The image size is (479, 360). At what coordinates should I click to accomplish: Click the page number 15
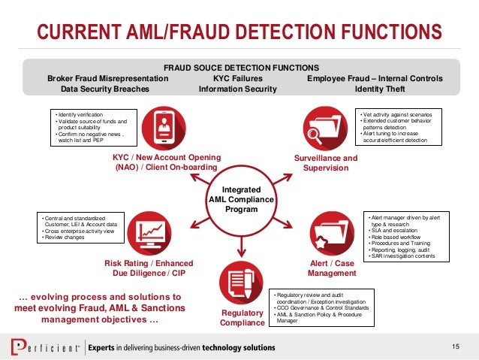(456, 346)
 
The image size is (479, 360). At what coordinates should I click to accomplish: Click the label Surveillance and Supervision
(325, 163)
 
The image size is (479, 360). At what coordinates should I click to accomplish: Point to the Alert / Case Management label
(332, 268)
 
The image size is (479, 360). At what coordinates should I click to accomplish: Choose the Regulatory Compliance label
(242, 317)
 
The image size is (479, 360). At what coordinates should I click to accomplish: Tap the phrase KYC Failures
(237, 78)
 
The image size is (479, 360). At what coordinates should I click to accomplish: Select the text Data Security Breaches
(104, 89)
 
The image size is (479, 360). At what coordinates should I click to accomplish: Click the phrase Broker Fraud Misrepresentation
(108, 78)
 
